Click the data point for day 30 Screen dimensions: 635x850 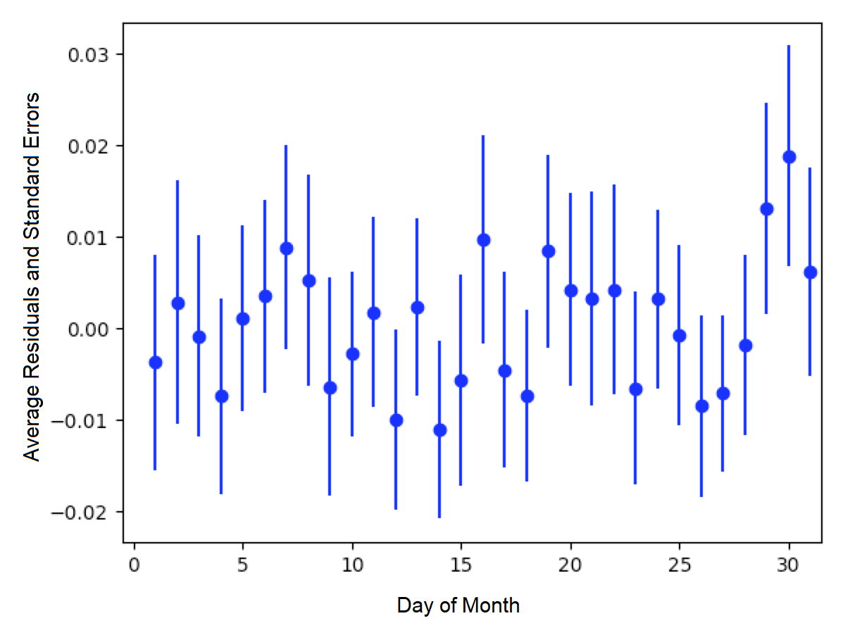[x=789, y=157]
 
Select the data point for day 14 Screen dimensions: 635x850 [x=439, y=430]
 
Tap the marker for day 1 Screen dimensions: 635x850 [x=156, y=363]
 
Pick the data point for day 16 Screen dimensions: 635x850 [x=483, y=240]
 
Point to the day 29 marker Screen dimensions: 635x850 [x=767, y=209]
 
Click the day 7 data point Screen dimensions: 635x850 [x=286, y=249]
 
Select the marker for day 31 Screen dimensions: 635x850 [x=810, y=272]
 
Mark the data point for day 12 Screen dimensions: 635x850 [x=396, y=420]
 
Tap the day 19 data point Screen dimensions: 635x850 [x=549, y=251]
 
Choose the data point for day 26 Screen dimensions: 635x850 [x=701, y=406]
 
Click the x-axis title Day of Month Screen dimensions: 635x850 [x=458, y=605]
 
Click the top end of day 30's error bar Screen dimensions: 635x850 [x=789, y=46]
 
